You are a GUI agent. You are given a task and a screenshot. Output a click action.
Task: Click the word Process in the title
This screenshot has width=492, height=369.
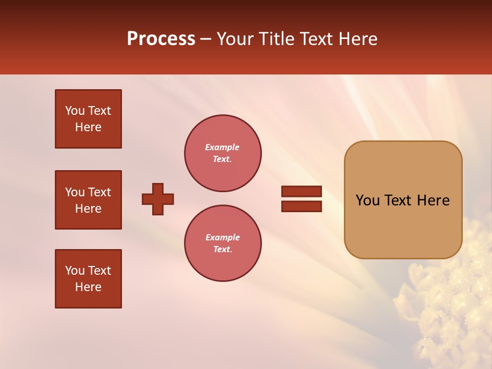tap(161, 39)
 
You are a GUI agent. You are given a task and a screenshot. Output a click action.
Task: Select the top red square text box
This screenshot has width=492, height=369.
tap(88, 119)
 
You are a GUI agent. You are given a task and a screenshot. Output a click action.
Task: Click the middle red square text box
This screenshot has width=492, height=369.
tap(88, 200)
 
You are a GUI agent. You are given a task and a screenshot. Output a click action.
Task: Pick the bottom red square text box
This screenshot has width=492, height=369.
tap(88, 279)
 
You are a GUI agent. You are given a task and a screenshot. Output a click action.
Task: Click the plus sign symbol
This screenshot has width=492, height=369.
tap(158, 199)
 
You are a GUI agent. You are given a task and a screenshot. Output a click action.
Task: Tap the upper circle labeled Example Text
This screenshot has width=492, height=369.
tap(222, 153)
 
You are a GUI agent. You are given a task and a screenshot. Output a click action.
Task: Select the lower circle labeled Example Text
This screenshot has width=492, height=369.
tap(222, 243)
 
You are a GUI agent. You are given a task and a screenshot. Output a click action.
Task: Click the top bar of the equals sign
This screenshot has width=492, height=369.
tap(301, 191)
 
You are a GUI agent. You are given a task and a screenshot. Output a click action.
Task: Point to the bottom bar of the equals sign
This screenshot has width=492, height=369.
tap(301, 206)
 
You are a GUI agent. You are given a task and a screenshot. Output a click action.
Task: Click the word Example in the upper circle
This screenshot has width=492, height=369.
tap(222, 147)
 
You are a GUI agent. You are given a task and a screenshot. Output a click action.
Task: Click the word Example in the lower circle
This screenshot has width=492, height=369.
tap(222, 237)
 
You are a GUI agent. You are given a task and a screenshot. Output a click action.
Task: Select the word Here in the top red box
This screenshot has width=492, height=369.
tap(88, 127)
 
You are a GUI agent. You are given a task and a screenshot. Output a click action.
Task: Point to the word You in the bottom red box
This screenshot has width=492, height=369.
tap(75, 271)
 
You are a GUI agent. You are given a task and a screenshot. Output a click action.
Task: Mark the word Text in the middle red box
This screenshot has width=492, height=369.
tap(99, 192)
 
